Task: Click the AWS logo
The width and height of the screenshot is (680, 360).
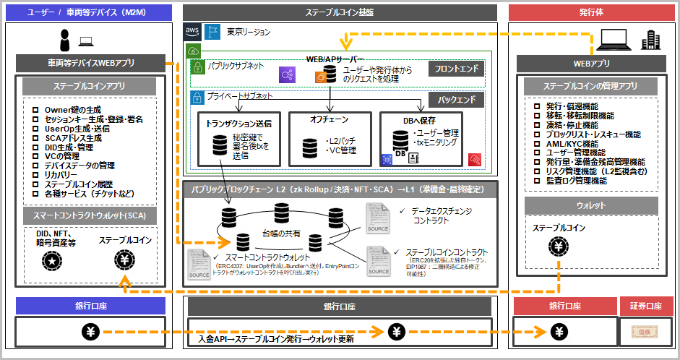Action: click(x=191, y=31)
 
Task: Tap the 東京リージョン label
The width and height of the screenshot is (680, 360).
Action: click(x=248, y=32)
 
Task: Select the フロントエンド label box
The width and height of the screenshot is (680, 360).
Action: click(x=456, y=69)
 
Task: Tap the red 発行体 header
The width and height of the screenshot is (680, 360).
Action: click(x=592, y=12)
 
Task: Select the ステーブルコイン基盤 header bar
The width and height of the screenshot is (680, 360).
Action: click(x=340, y=12)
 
